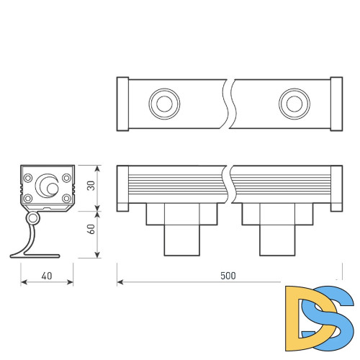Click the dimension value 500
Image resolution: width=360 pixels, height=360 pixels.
tap(228, 276)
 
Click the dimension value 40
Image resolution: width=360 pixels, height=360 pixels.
tap(47, 276)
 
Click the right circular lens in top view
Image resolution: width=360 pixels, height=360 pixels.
tap(293, 103)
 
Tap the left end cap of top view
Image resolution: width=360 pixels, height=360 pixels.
tap(122, 103)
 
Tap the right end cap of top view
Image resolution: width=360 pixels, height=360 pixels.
tap(336, 103)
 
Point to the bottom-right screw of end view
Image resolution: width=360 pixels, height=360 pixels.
tap(66, 198)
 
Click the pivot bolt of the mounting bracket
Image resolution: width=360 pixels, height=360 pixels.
tap(33, 217)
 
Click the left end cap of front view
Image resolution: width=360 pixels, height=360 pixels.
tap(122, 189)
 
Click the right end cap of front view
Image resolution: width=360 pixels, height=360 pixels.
tap(336, 189)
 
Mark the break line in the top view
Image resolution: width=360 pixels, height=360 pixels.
tap(228, 103)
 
